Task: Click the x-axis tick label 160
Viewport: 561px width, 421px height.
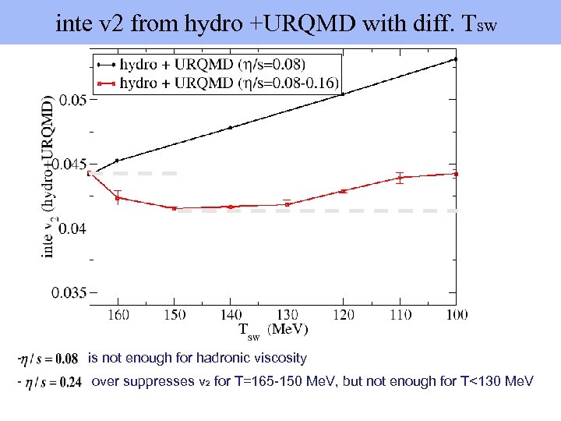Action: [118, 313]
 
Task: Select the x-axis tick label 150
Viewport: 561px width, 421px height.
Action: [174, 313]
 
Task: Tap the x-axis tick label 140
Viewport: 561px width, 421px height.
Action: [230, 313]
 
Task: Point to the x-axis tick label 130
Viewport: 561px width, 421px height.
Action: [287, 313]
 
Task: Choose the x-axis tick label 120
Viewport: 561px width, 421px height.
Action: [343, 313]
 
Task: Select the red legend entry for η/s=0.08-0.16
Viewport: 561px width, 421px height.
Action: [226, 81]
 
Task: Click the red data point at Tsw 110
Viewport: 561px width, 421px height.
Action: [400, 178]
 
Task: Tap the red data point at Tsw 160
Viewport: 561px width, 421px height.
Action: [118, 198]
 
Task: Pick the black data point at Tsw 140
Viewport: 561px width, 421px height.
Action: [230, 127]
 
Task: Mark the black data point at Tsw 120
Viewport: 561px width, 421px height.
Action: [343, 94]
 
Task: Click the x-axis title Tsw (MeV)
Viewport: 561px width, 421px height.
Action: [272, 331]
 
